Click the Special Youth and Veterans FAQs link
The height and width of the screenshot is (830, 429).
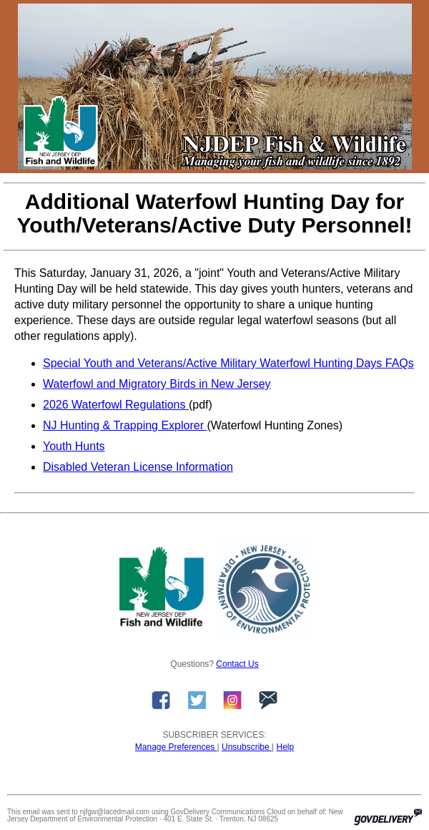point(228,363)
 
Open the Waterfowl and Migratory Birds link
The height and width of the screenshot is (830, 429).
point(157,384)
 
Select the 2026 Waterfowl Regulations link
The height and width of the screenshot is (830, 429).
point(115,405)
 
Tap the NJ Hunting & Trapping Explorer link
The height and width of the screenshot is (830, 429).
point(124,426)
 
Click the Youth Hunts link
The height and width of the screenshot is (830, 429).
point(74,446)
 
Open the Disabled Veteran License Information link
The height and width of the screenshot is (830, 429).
point(138,467)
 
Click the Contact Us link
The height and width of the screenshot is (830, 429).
point(237,664)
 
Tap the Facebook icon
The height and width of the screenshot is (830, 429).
point(161,700)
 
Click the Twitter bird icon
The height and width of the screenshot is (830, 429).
point(197,700)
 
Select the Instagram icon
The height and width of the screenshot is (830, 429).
point(232,700)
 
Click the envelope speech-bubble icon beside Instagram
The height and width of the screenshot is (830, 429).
point(268,700)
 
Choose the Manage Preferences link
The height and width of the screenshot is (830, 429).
point(175,747)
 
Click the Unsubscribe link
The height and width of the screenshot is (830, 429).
point(246,747)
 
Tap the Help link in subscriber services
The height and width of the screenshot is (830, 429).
point(285,747)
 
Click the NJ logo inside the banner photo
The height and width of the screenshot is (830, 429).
point(60,132)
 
